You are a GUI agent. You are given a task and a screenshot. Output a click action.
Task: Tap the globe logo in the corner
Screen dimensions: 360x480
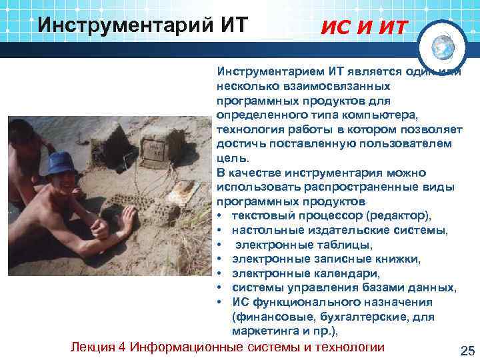(441, 46)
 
